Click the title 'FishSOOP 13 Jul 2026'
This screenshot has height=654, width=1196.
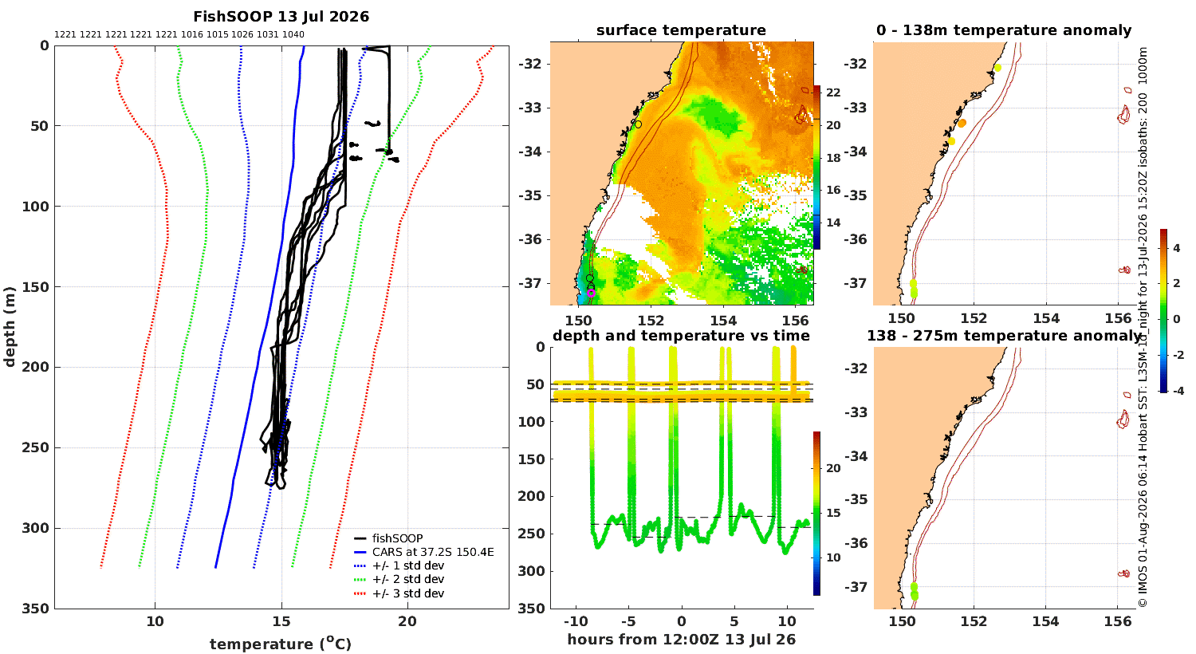[281, 17]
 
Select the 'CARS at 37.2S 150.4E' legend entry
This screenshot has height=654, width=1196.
[433, 552]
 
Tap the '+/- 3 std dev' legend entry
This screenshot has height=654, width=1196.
[408, 593]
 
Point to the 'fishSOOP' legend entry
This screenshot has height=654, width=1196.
[397, 538]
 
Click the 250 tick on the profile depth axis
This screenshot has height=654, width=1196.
[37, 447]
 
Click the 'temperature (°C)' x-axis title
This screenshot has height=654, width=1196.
[281, 644]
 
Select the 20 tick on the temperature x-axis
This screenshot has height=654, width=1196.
[407, 621]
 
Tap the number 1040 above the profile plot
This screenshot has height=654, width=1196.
[293, 35]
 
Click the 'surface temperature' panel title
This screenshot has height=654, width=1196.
[681, 30]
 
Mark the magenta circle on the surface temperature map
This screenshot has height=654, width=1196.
[591, 293]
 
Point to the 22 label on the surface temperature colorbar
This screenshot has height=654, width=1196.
[833, 93]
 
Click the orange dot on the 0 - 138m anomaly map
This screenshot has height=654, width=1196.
[962, 124]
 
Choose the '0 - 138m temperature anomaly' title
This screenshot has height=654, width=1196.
[1004, 30]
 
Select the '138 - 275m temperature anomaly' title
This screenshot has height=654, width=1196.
[1004, 336]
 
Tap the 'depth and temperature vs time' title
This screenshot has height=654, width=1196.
[681, 336]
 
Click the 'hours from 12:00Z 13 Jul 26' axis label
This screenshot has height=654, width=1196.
[681, 640]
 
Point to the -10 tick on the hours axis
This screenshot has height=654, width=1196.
[576, 622]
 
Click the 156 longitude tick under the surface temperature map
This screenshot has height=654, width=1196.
[796, 321]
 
